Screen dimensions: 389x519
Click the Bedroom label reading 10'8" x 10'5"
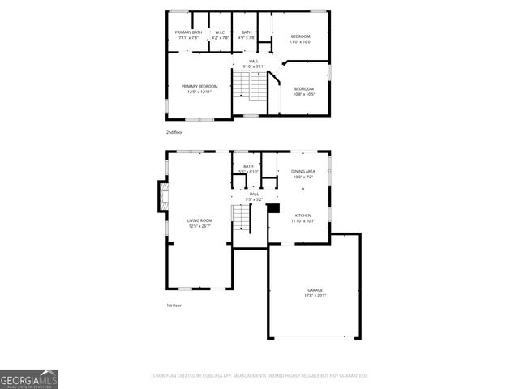tap(304, 91)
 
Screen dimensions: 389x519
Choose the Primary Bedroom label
tap(199, 88)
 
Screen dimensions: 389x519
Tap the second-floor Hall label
tap(254, 63)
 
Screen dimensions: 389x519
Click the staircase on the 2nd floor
tap(249, 84)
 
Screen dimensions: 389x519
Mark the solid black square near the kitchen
tap(273, 208)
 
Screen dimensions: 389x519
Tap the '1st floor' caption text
tap(174, 306)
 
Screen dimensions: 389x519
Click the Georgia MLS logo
tap(29, 379)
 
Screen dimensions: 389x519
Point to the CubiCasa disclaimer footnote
tap(259, 375)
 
